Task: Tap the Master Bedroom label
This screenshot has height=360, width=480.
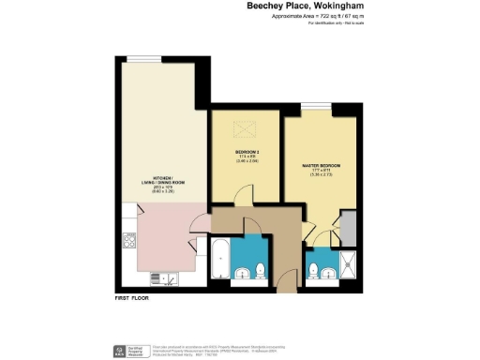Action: [321, 165]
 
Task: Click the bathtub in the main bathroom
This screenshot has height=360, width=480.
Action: [219, 259]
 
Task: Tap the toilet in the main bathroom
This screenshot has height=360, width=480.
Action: [260, 273]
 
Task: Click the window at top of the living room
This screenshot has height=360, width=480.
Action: [145, 59]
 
